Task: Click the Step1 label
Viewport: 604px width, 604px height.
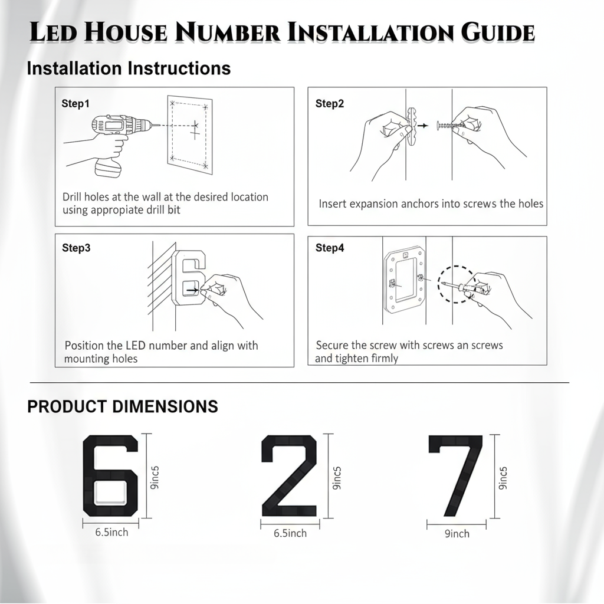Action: pyautogui.click(x=75, y=104)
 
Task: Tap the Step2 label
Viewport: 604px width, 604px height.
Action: pyautogui.click(x=330, y=104)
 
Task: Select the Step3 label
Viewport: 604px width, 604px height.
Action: pyautogui.click(x=76, y=248)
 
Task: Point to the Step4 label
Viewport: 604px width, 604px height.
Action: pyautogui.click(x=330, y=248)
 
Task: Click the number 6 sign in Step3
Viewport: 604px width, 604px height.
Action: pyautogui.click(x=189, y=277)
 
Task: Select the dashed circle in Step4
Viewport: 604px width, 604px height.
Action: pyautogui.click(x=455, y=284)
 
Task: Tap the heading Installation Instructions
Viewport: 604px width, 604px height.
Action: pyautogui.click(x=129, y=68)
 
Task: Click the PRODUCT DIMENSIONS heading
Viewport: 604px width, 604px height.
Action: pyautogui.click(x=123, y=406)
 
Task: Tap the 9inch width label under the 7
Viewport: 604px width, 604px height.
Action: pyautogui.click(x=457, y=534)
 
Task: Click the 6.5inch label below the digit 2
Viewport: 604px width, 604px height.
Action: pyautogui.click(x=290, y=533)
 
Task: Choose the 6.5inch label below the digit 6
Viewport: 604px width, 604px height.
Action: pyautogui.click(x=111, y=532)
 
